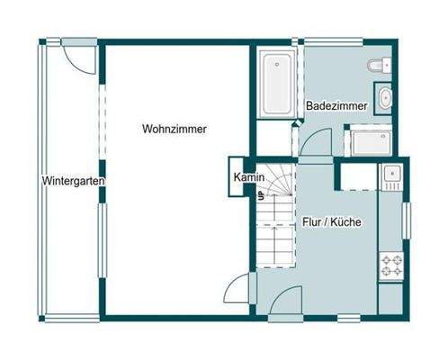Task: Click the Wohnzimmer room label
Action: pos(175,130)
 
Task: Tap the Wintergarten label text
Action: pos(74,181)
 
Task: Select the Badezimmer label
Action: pos(336,106)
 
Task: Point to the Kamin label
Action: pos(247,177)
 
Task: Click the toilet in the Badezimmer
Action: pos(379,65)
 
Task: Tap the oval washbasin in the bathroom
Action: pos(386,98)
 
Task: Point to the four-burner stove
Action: pos(392,265)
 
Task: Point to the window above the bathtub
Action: pos(276,41)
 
